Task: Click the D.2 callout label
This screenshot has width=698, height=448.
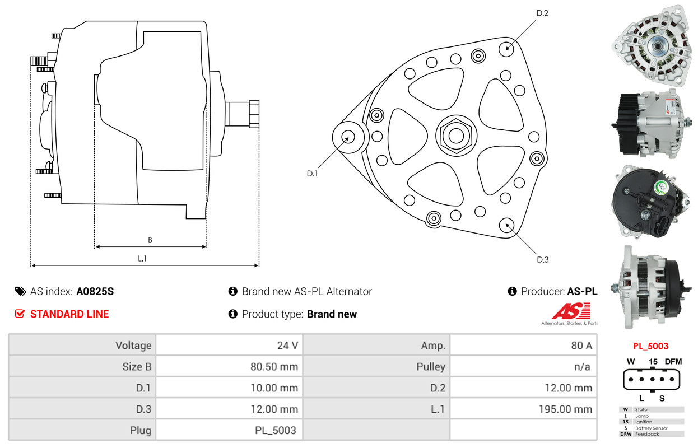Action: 542,13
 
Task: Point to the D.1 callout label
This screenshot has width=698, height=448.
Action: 312,174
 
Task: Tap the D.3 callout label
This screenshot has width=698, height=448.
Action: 542,259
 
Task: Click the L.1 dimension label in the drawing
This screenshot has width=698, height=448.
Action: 142,259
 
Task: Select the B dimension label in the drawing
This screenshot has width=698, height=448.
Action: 150,240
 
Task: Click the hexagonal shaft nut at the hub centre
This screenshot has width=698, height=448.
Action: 456,136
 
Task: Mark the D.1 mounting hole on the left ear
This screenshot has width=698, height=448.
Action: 348,137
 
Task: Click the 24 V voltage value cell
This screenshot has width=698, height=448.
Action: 287,346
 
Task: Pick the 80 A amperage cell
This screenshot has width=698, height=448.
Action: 581,346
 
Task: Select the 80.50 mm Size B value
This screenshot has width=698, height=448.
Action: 274,367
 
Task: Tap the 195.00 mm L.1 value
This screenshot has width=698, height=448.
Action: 566,409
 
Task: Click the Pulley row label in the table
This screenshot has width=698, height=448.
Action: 431,367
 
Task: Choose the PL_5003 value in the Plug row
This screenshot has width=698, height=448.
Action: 276,430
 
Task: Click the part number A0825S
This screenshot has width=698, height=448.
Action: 95,291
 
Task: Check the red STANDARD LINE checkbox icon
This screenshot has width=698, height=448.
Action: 20,314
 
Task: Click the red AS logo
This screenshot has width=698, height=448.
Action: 571,311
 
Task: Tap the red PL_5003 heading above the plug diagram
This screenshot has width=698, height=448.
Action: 651,346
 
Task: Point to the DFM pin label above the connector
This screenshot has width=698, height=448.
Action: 673,361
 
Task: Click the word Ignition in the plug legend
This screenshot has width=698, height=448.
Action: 644,422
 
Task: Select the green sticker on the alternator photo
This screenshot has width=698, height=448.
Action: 661,187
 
